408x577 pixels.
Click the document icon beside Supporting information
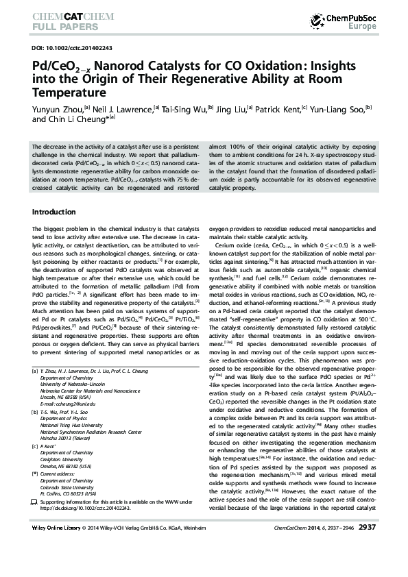[x=35, y=502]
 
